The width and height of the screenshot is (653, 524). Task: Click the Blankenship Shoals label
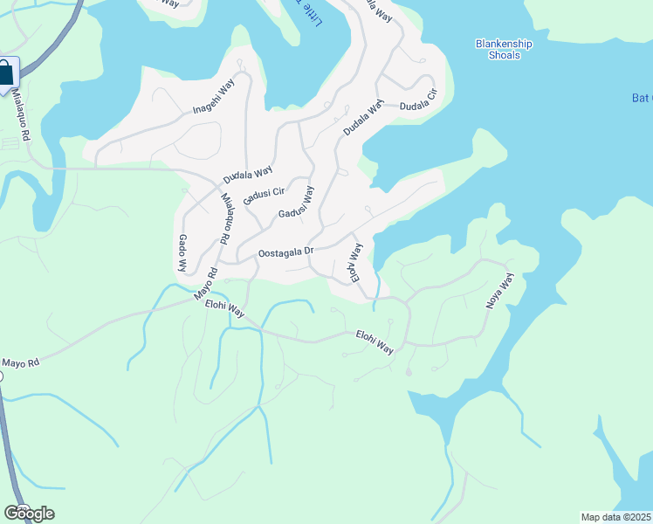pyautogui.click(x=498, y=49)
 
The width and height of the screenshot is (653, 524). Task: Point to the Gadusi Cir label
pyautogui.click(x=265, y=197)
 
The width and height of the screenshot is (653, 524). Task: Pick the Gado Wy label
pyautogui.click(x=183, y=252)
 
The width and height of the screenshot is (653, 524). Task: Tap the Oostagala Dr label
pyautogui.click(x=286, y=252)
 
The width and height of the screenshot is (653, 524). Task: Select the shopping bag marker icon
pyautogui.click(x=6, y=74)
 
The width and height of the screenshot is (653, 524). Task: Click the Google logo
pyautogui.click(x=28, y=514)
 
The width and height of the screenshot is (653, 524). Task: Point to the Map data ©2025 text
pyautogui.click(x=616, y=517)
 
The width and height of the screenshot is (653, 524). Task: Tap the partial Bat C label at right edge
pyautogui.click(x=642, y=98)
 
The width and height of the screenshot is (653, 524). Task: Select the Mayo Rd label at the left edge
pyautogui.click(x=21, y=362)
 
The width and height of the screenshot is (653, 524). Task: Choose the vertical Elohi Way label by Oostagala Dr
pyautogui.click(x=355, y=263)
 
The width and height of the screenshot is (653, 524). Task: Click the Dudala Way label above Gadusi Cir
pyautogui.click(x=248, y=173)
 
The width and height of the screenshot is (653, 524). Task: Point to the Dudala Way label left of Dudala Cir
pyautogui.click(x=363, y=119)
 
